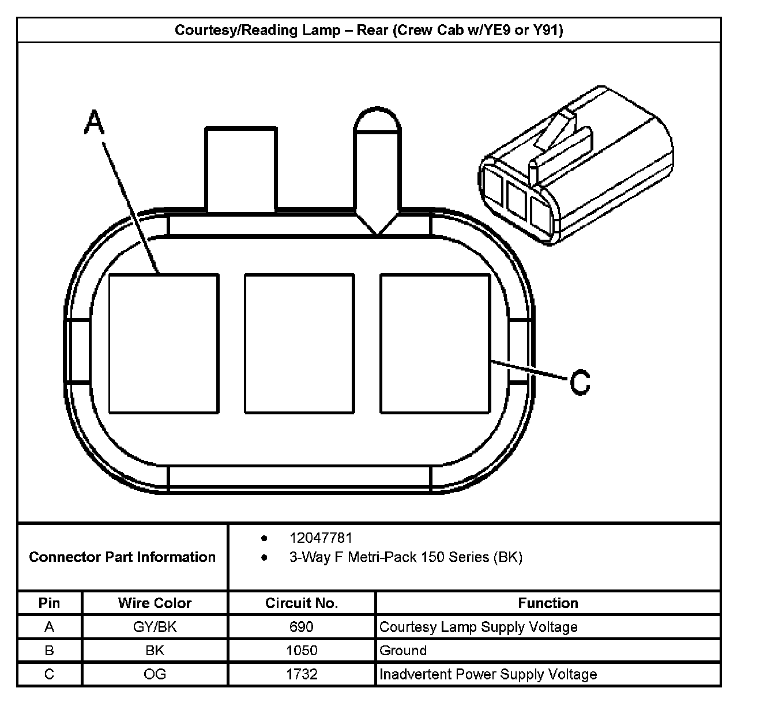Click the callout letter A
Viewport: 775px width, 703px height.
(x=95, y=123)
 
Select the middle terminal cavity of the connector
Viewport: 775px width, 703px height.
(x=299, y=343)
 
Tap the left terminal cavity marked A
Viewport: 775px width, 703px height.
(x=164, y=343)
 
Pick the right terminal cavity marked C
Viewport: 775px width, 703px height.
(x=435, y=343)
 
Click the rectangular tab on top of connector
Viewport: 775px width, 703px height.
(x=240, y=170)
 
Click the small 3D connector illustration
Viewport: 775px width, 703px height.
(x=577, y=167)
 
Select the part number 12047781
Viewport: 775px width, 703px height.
(x=321, y=538)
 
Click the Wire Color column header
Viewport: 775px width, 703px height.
(x=155, y=603)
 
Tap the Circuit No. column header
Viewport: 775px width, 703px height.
(x=302, y=603)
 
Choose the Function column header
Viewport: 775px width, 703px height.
(x=548, y=603)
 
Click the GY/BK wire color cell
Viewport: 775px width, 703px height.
(x=155, y=627)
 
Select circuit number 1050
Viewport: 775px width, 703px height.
(x=302, y=651)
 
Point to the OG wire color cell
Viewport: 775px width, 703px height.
(x=155, y=674)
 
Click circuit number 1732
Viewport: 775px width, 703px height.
(x=302, y=674)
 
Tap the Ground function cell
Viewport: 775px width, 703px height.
(x=403, y=651)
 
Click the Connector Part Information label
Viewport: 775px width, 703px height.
(x=122, y=557)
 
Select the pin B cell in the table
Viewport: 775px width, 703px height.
(x=50, y=651)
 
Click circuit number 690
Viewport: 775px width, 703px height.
(x=302, y=627)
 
